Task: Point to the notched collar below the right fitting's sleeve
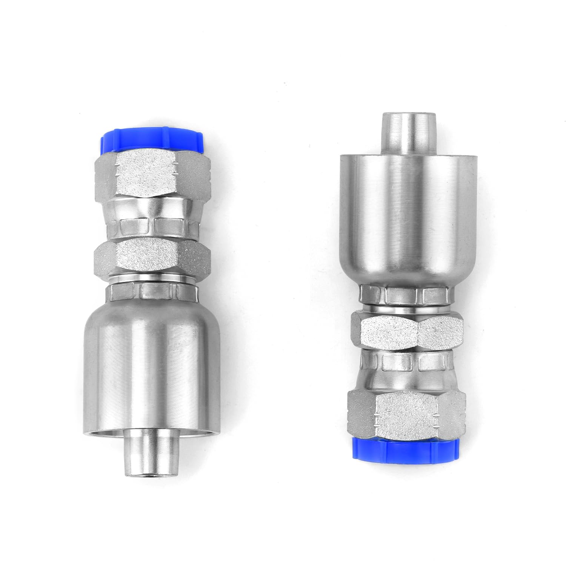pyautogui.click(x=407, y=294)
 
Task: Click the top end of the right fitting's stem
pyautogui.click(x=407, y=115)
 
